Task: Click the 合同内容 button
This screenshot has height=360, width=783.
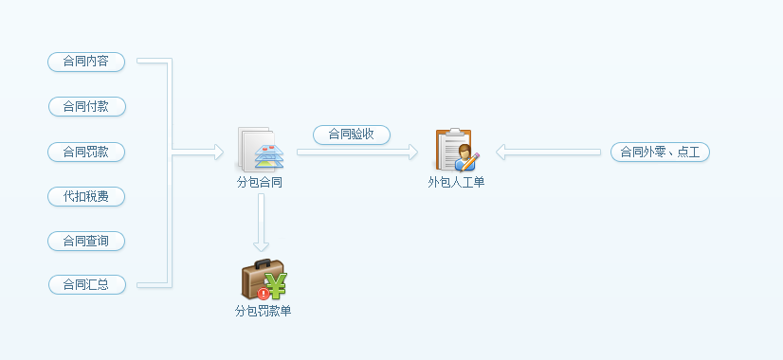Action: pos(86,62)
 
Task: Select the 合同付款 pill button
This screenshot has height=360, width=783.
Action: pos(87,106)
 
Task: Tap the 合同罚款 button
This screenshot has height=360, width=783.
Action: pos(86,152)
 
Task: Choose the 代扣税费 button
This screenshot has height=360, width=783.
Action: pos(86,197)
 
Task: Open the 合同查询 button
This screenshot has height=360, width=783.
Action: pos(86,242)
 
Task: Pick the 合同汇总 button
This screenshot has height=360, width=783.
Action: pos(87,284)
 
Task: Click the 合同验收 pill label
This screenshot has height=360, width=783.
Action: pos(352,135)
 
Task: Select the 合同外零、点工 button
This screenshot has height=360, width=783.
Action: pos(660,152)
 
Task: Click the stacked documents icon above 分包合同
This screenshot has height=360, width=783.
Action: pos(260,150)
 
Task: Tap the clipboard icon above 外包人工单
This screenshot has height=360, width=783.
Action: pos(456,150)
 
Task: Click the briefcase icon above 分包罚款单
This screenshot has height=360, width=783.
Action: pos(264,279)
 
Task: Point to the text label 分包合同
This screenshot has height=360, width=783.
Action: pos(260,183)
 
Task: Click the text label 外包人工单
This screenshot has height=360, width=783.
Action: pos(456,183)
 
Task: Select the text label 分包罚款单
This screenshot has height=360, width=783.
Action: pos(264,312)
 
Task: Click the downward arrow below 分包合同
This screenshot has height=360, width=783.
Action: pos(262,223)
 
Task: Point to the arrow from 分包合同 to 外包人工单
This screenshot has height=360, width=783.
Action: pos(357,152)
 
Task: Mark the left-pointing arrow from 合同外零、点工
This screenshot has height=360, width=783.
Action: pos(548,152)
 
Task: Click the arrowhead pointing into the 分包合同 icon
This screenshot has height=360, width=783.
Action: pos(219,152)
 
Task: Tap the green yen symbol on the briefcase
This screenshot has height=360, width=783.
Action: pos(277,285)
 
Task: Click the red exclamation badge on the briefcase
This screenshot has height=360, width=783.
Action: pos(263,294)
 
